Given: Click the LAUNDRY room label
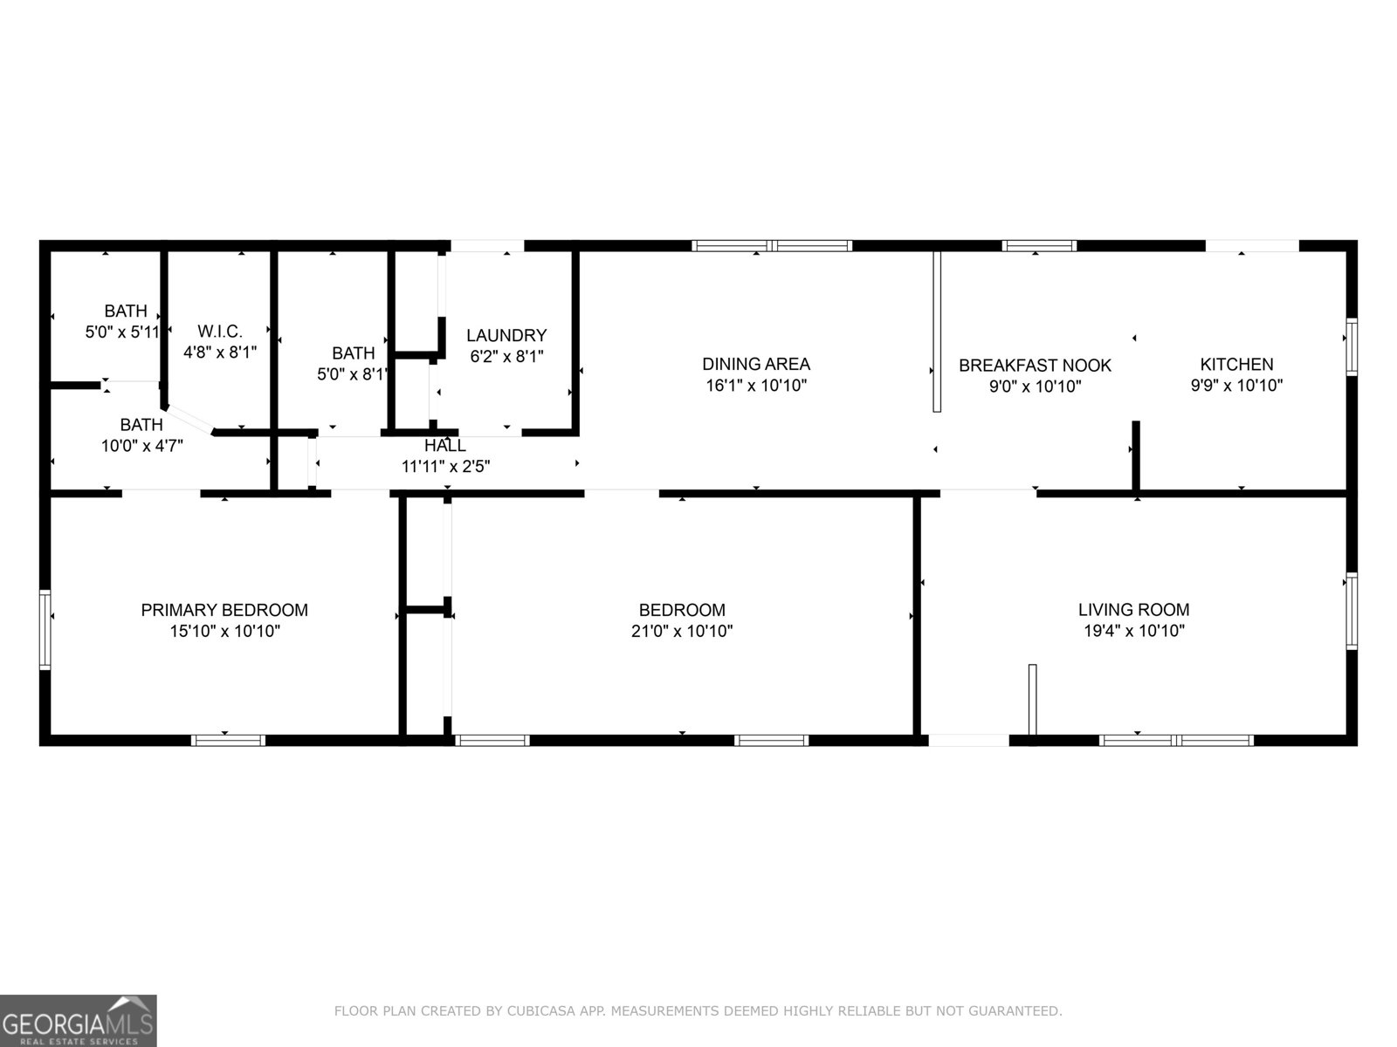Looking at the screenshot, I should pyautogui.click(x=506, y=335).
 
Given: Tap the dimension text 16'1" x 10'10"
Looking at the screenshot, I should pyautogui.click(x=755, y=386).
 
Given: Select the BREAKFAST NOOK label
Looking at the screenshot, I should pyautogui.click(x=1035, y=366).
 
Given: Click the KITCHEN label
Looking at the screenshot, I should pyautogui.click(x=1236, y=365).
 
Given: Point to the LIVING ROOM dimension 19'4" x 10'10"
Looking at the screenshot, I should pyautogui.click(x=1133, y=631).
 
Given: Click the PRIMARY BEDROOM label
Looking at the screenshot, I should pyautogui.click(x=224, y=610).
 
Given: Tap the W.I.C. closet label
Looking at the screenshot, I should pyautogui.click(x=220, y=332).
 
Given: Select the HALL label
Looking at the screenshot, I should pyautogui.click(x=445, y=446).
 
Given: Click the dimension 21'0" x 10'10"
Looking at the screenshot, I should pyautogui.click(x=681, y=631).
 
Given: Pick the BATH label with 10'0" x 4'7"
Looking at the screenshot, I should pyautogui.click(x=141, y=425).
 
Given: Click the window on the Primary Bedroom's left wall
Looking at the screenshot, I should pyautogui.click(x=45, y=629).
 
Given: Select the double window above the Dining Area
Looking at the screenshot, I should pyautogui.click(x=772, y=246).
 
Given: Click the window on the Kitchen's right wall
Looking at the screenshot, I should pyautogui.click(x=1352, y=347).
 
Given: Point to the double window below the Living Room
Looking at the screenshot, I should pyautogui.click(x=1176, y=741).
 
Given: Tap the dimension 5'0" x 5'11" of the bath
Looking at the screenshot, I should pyautogui.click(x=122, y=332).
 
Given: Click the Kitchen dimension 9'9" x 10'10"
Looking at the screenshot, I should pyautogui.click(x=1236, y=386).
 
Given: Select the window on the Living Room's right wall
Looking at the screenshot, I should pyautogui.click(x=1352, y=611).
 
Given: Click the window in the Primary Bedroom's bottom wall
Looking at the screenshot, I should pyautogui.click(x=228, y=741).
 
